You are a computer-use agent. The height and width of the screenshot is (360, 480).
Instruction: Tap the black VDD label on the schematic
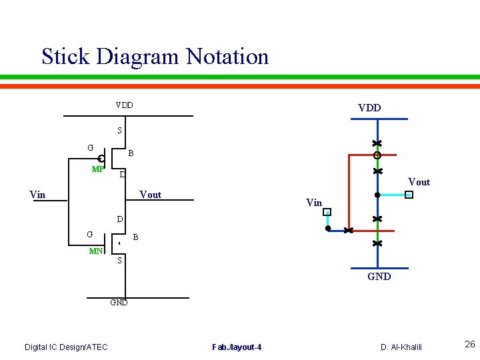tap(124, 105)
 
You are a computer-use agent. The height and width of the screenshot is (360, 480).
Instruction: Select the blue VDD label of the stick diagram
tap(369, 108)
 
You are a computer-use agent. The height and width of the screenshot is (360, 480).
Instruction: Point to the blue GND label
tap(379, 277)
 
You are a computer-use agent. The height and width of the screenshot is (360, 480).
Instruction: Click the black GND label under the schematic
tap(119, 302)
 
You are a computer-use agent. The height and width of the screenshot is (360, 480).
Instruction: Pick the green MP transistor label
tap(97, 169)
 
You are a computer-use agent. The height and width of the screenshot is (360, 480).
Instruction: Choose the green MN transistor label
tap(96, 251)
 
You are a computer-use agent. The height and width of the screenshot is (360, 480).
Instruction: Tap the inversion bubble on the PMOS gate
tap(101, 159)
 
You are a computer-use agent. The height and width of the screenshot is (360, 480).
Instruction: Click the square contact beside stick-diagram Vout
tap(409, 195)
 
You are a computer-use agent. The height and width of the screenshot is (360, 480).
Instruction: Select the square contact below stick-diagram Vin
tap(327, 212)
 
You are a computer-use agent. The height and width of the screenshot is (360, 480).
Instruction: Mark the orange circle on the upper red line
tap(377, 155)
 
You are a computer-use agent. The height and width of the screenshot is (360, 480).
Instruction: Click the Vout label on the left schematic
tap(150, 195)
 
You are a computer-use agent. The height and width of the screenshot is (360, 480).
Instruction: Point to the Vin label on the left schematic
tap(38, 195)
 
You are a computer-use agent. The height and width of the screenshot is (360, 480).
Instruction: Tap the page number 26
tap(469, 345)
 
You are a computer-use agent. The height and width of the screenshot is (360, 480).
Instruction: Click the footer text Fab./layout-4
tap(237, 347)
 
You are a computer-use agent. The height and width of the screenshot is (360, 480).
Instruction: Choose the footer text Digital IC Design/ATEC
tap(66, 347)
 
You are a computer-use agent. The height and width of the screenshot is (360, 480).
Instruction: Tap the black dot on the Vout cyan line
tap(377, 195)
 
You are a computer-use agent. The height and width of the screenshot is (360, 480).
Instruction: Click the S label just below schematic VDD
tap(119, 131)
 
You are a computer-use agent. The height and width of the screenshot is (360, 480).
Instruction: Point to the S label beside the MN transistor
tap(119, 261)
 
